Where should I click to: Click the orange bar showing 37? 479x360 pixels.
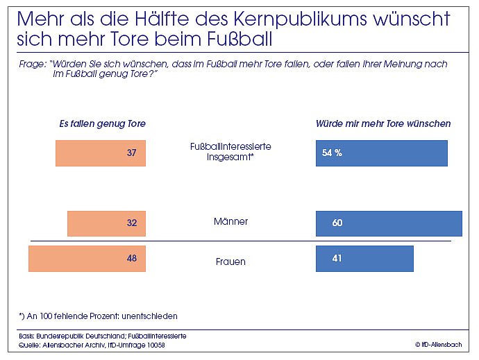[100, 153]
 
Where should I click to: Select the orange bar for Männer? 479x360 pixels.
[106, 223]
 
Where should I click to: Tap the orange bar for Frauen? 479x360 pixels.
[87, 259]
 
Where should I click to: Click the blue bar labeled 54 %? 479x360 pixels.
[381, 153]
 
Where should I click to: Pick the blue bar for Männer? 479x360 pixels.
[389, 223]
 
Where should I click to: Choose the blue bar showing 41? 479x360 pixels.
[364, 259]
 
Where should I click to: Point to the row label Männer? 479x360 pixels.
[230, 222]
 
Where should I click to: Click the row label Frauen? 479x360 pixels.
[230, 262]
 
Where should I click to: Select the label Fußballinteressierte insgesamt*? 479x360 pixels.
[230, 152]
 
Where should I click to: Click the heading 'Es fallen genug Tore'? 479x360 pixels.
[102, 124]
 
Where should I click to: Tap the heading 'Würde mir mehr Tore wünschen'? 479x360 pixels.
[383, 124]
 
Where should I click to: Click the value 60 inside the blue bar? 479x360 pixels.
[338, 223]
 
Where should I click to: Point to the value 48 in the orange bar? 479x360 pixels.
[132, 259]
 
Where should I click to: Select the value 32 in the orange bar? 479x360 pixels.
[132, 223]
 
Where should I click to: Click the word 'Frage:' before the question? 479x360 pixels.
[33, 64]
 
